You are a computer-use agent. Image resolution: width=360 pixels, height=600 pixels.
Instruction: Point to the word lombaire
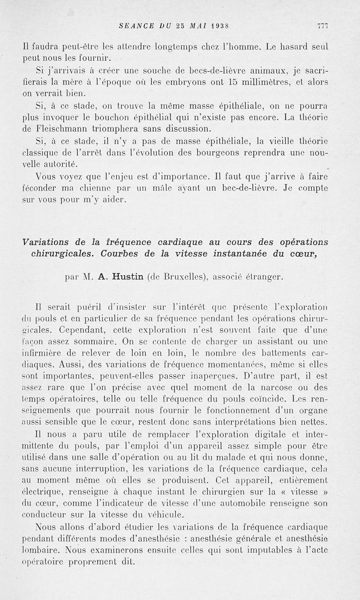[x=40, y=550]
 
